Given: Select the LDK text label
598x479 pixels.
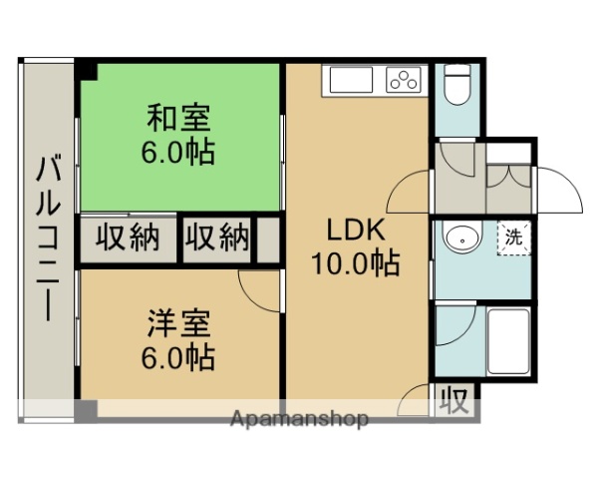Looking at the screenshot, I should [357, 231].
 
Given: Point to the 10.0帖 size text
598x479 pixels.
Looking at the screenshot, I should [357, 264].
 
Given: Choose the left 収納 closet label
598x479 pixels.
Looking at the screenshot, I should [128, 239].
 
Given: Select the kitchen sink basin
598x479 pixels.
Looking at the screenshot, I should [348, 80].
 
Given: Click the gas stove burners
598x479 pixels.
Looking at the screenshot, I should [406, 80].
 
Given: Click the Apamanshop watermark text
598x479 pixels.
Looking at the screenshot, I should [299, 418].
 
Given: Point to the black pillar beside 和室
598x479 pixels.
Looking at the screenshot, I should [87, 71].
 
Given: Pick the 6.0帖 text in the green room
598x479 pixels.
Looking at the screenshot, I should [179, 155].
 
